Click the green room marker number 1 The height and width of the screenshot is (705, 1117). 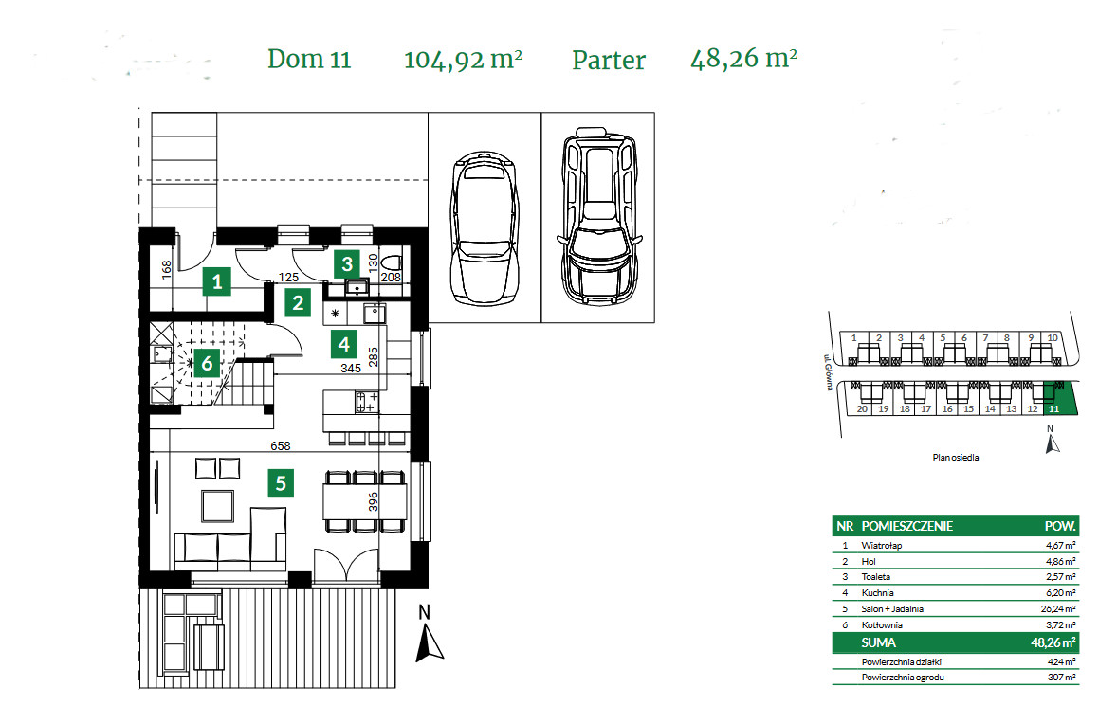tap(218, 280)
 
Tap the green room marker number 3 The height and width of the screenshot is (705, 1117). tap(348, 263)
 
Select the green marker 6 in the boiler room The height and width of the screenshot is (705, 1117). tap(205, 363)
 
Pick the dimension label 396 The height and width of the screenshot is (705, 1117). tap(373, 500)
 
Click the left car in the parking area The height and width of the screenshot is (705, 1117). tap(485, 227)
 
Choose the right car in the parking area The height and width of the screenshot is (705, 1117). tap(597, 218)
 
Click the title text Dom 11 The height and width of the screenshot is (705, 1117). tap(309, 59)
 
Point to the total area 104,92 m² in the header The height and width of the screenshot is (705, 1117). tap(464, 59)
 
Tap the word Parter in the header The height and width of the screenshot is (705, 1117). tap(608, 60)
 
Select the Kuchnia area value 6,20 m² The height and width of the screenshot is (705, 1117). tap(1059, 591)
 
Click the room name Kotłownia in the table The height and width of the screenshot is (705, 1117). tap(883, 624)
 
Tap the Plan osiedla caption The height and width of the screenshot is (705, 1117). tap(954, 457)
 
